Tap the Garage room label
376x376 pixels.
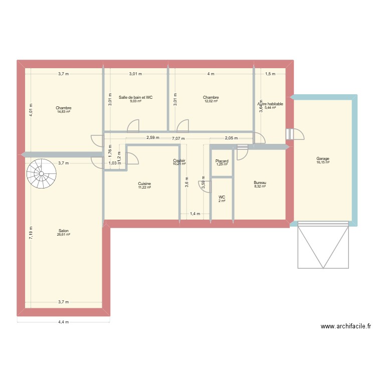323,158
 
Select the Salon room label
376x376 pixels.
63,231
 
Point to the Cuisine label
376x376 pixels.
144,184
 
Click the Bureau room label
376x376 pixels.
260,183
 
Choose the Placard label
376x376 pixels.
222,161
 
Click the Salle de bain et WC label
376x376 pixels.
135,97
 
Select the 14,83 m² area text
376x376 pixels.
64,112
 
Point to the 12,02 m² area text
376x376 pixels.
211,101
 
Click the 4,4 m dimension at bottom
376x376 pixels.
63,322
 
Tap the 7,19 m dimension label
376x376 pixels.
31,232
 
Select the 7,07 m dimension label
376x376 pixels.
178,139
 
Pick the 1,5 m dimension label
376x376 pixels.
270,74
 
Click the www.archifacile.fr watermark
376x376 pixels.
346,326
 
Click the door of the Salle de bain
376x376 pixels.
133,125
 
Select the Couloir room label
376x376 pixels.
179,160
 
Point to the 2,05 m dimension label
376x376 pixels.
231,138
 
